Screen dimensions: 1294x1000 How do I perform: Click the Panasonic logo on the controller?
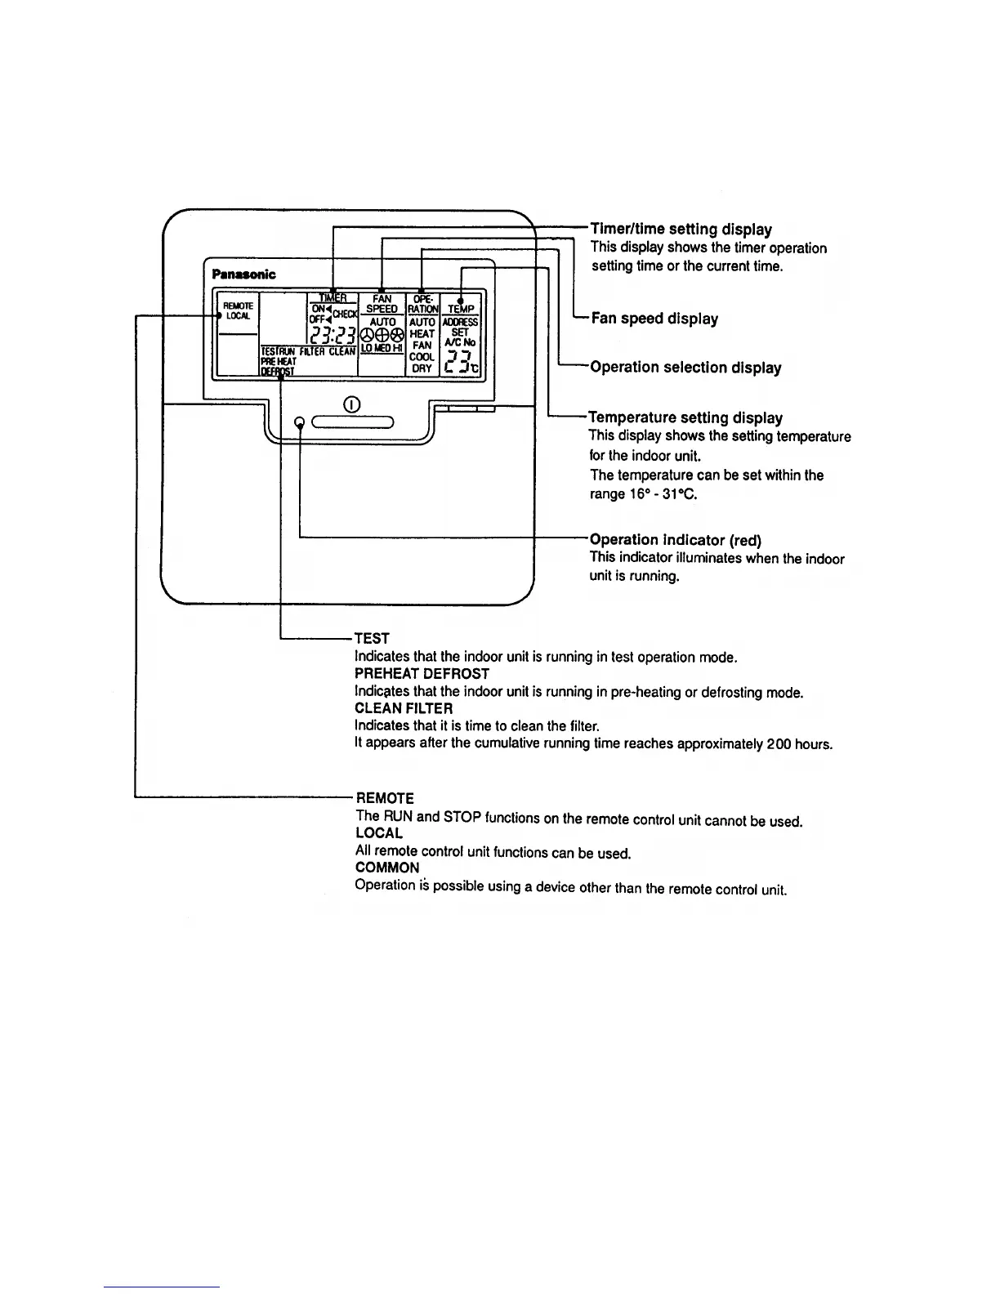(x=243, y=274)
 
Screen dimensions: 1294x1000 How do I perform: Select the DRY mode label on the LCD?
(x=422, y=368)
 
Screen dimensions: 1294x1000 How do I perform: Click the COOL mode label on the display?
(x=422, y=357)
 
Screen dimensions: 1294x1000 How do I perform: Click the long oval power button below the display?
(x=352, y=422)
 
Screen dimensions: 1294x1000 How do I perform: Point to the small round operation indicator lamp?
(x=300, y=422)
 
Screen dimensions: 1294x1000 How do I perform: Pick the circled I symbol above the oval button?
(x=351, y=404)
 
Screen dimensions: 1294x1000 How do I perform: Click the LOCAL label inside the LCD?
(x=239, y=315)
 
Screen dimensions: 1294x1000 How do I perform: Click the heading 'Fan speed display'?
(x=654, y=319)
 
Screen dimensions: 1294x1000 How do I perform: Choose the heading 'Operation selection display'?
(x=685, y=368)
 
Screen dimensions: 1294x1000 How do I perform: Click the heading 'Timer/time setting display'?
(x=681, y=230)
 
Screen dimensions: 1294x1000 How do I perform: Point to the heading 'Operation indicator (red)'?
(x=675, y=540)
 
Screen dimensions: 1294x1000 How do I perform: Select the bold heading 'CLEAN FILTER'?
(x=404, y=708)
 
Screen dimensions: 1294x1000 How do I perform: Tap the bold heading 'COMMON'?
(x=387, y=868)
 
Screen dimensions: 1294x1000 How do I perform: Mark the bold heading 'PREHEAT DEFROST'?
(x=422, y=674)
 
